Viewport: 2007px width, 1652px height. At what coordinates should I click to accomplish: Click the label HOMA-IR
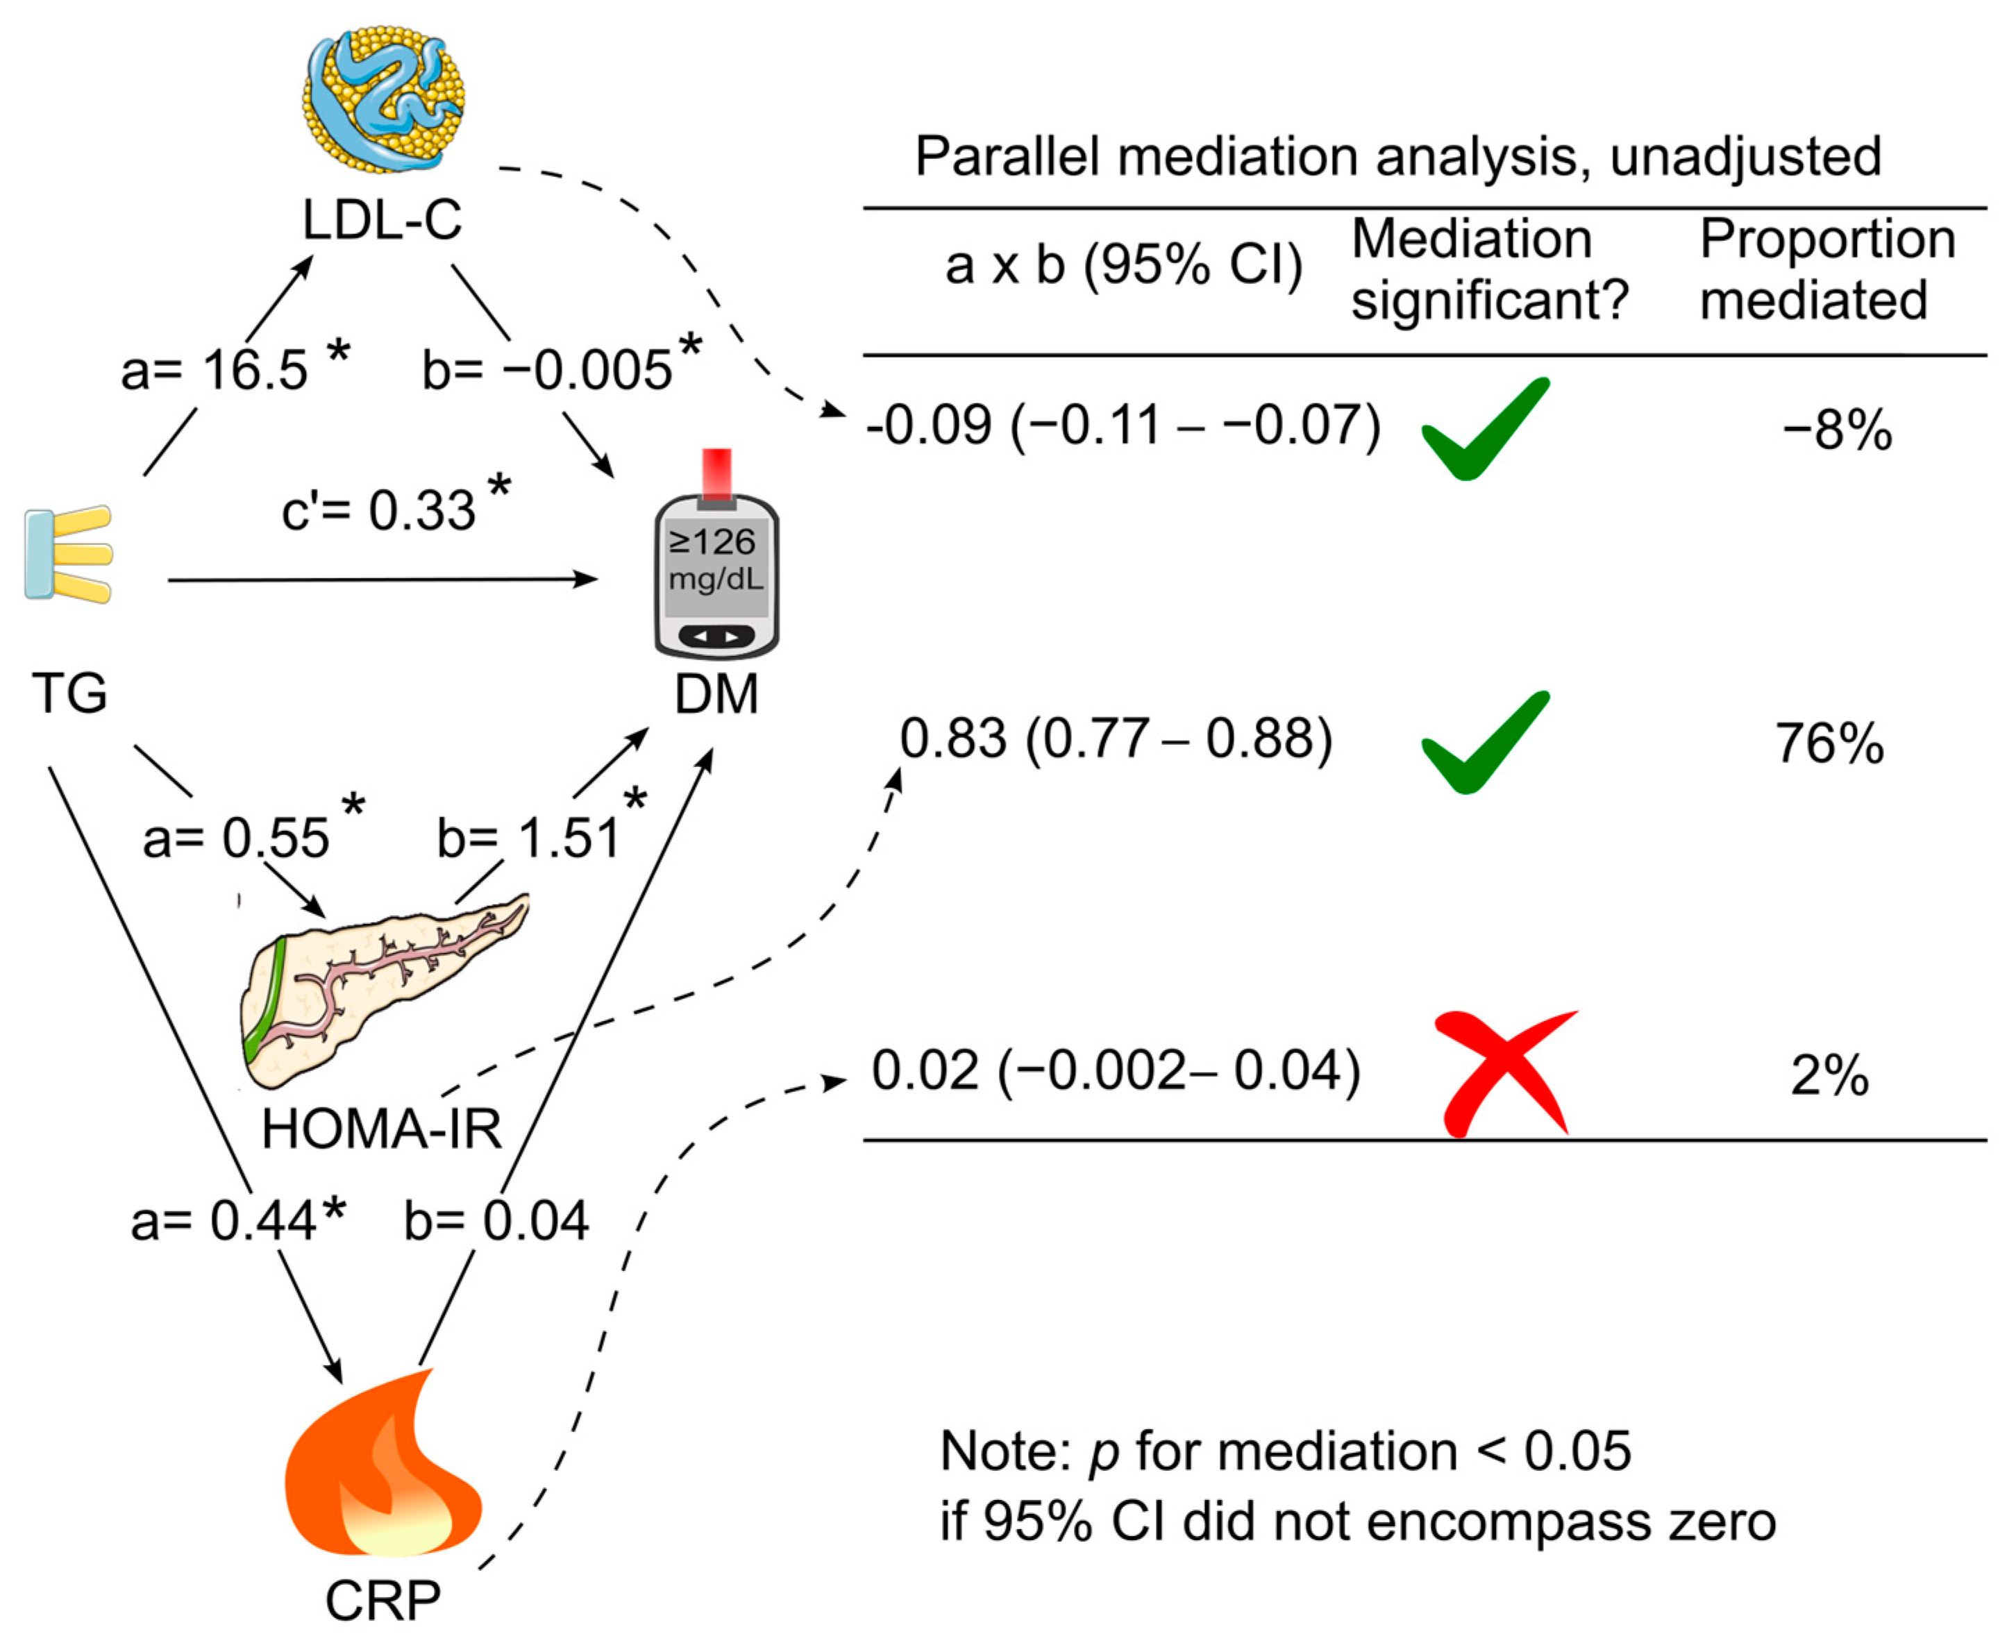tap(382, 1129)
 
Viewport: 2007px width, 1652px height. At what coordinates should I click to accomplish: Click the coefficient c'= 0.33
tap(380, 510)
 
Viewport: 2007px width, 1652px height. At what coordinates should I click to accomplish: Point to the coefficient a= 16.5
tap(216, 370)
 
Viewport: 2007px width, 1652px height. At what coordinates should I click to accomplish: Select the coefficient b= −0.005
tap(548, 370)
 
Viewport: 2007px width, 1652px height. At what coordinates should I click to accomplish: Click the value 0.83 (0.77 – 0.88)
tap(1116, 739)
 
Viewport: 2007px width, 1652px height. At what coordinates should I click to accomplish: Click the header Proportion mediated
tap(1827, 269)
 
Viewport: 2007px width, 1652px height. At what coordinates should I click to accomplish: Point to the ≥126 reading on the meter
tap(712, 542)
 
